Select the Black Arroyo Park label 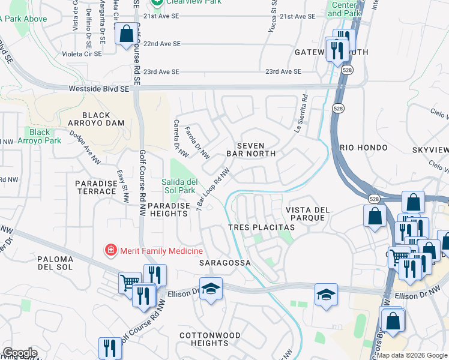tap(40, 136)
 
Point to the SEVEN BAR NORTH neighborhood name tap(251, 149)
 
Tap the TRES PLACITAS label tap(261, 228)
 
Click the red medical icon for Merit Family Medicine tap(110, 250)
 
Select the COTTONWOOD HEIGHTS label tap(210, 339)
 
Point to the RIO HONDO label tap(363, 148)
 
